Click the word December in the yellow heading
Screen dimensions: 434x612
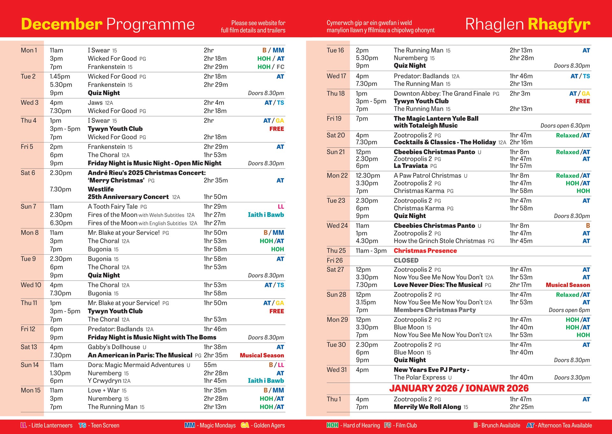tap(62, 24)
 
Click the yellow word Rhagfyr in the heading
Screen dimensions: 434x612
tap(559, 24)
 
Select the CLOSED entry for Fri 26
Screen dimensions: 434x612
tap(406, 260)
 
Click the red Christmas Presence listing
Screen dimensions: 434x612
tap(425, 251)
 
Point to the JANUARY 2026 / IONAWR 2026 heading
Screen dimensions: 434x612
tap(459, 388)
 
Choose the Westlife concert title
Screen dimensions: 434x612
tap(101, 189)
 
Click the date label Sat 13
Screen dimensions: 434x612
tap(29, 347)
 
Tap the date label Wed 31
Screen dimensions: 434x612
tap(337, 370)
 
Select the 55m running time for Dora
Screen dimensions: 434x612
tap(210, 365)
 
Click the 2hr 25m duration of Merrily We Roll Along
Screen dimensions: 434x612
tap(521, 407)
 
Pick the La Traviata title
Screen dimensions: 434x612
tap(411, 166)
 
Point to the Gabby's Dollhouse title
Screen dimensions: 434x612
tap(114, 347)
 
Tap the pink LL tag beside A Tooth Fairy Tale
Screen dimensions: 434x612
tap(281, 206)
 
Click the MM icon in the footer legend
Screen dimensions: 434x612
tap(190, 425)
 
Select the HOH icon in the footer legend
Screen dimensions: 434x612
tap(332, 425)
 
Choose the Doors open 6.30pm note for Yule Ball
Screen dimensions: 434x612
tap(565, 126)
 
